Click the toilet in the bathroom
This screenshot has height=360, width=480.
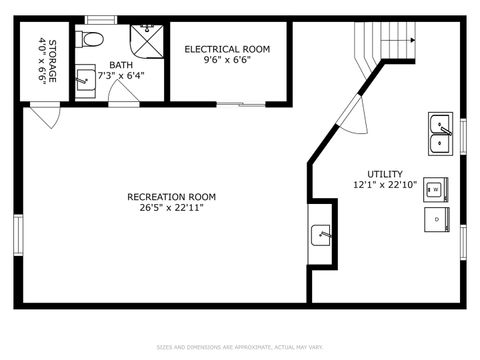coord(91,40)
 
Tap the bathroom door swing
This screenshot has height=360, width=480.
coord(122,93)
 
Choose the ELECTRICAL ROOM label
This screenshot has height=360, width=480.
coord(226,48)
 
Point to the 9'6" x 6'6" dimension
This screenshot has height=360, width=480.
coord(226,59)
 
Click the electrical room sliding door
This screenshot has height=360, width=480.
coord(241,103)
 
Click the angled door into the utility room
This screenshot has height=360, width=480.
coord(354,113)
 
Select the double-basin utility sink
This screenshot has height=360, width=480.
coord(440,134)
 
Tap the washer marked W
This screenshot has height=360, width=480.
coord(436,189)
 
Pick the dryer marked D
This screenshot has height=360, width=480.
coord(436,218)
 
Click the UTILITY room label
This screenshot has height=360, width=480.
coord(384,173)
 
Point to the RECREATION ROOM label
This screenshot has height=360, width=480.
coord(171,196)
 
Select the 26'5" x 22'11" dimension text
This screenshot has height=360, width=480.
coord(171,208)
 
